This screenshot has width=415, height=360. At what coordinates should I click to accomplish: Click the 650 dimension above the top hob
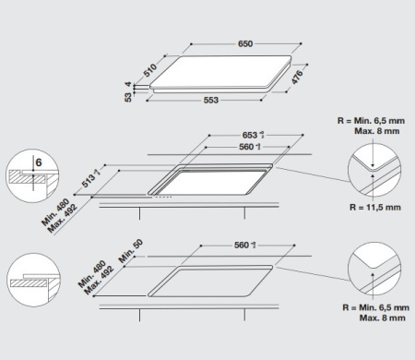click(x=245, y=44)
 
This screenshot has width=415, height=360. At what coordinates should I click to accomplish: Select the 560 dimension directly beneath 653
click(x=246, y=147)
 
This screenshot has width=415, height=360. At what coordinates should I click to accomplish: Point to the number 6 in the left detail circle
click(x=38, y=163)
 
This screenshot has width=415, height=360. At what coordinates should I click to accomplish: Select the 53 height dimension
click(x=131, y=93)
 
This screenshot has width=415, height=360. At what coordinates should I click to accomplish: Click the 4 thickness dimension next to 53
click(x=141, y=85)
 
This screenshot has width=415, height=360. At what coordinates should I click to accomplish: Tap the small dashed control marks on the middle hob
click(x=162, y=196)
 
